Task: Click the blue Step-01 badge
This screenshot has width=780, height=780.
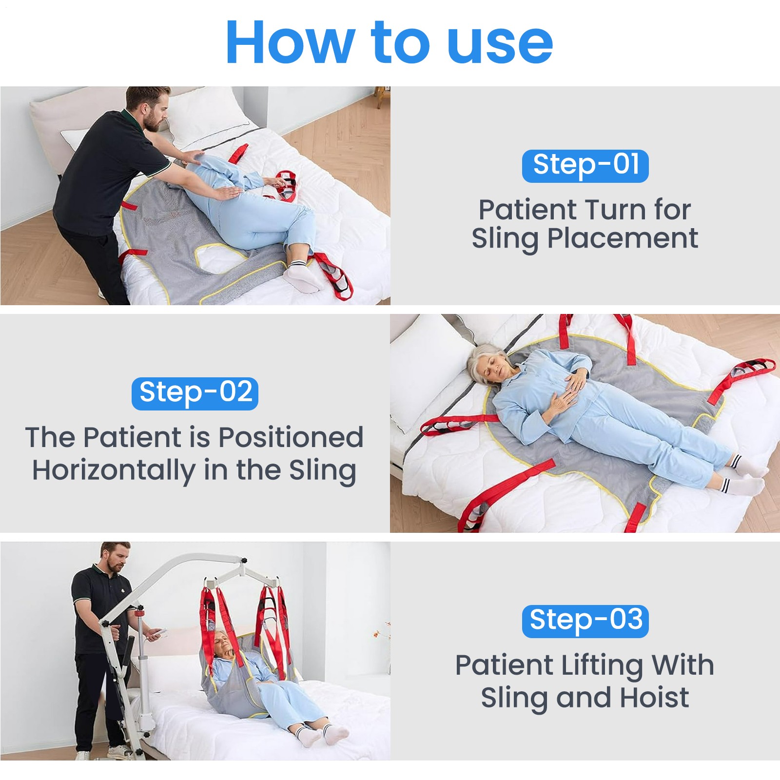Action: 585,166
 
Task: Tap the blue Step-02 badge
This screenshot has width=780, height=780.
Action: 195,393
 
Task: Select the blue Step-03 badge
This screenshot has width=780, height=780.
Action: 585,621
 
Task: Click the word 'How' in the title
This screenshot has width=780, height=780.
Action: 291,43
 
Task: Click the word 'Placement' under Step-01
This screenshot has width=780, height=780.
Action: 623,239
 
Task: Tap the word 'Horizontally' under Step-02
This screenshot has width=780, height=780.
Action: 114,471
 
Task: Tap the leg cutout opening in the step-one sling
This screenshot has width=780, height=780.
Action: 219,258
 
